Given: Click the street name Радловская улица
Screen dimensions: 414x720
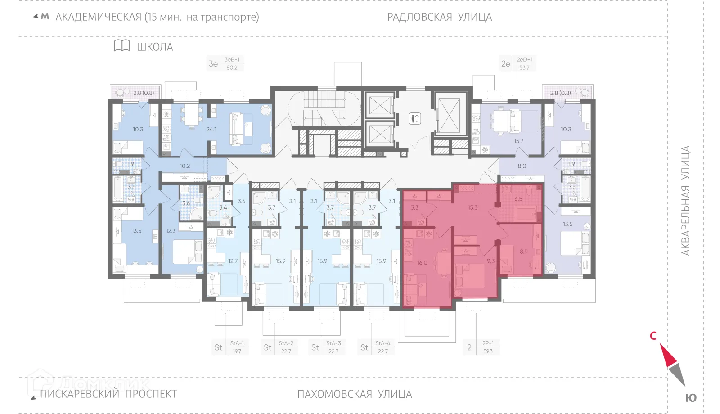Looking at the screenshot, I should tap(439, 17).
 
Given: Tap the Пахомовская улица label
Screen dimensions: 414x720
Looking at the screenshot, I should tap(355, 394).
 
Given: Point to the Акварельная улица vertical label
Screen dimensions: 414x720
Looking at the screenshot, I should tap(685, 201).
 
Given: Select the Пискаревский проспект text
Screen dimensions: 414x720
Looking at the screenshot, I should tap(108, 394).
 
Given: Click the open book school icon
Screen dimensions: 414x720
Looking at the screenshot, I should tap(122, 46).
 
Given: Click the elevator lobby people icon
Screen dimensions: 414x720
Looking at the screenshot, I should tap(415, 119).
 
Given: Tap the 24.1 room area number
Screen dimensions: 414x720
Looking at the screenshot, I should tap(211, 130).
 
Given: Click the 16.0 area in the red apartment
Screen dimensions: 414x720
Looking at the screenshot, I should tap(422, 263).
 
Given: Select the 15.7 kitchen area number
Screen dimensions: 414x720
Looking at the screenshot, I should tap(518, 141).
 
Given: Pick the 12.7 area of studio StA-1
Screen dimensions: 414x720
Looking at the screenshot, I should tap(233, 261).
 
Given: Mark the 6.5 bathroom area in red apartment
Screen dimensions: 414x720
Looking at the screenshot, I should tap(518, 199).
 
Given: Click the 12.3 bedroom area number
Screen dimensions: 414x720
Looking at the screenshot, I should tap(171, 231).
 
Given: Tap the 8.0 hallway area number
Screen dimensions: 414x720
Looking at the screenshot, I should tap(522, 166).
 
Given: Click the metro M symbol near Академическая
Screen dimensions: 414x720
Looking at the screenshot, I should tap(45, 17).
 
